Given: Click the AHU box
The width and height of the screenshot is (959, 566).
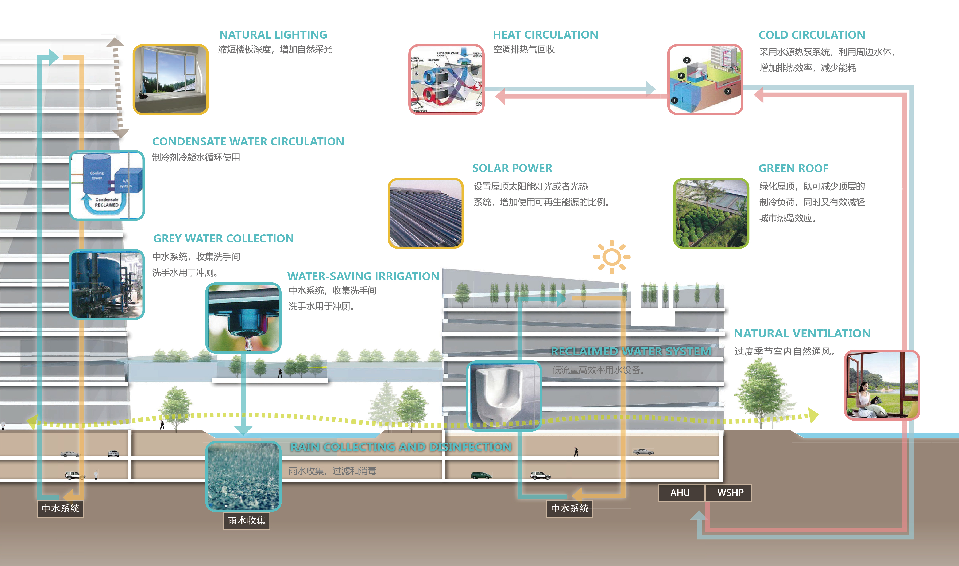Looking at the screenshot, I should [680, 493].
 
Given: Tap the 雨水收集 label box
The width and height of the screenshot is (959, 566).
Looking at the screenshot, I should [247, 521].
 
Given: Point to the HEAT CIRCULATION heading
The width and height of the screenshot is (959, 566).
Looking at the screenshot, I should [545, 35].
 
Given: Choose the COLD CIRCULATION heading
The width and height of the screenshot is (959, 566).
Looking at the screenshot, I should [811, 35].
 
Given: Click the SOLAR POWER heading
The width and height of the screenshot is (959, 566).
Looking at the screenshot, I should [512, 168].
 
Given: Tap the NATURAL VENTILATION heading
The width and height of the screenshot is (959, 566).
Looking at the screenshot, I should [802, 333].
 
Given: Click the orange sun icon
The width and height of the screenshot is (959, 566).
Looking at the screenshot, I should [612, 257].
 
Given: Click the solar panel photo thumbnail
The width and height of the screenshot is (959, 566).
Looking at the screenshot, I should [425, 213].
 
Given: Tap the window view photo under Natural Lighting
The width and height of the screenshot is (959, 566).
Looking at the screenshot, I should [171, 79].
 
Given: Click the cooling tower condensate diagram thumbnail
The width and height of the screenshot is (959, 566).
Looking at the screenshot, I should [107, 185].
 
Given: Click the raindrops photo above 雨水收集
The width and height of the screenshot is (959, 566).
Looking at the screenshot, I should [243, 476].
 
